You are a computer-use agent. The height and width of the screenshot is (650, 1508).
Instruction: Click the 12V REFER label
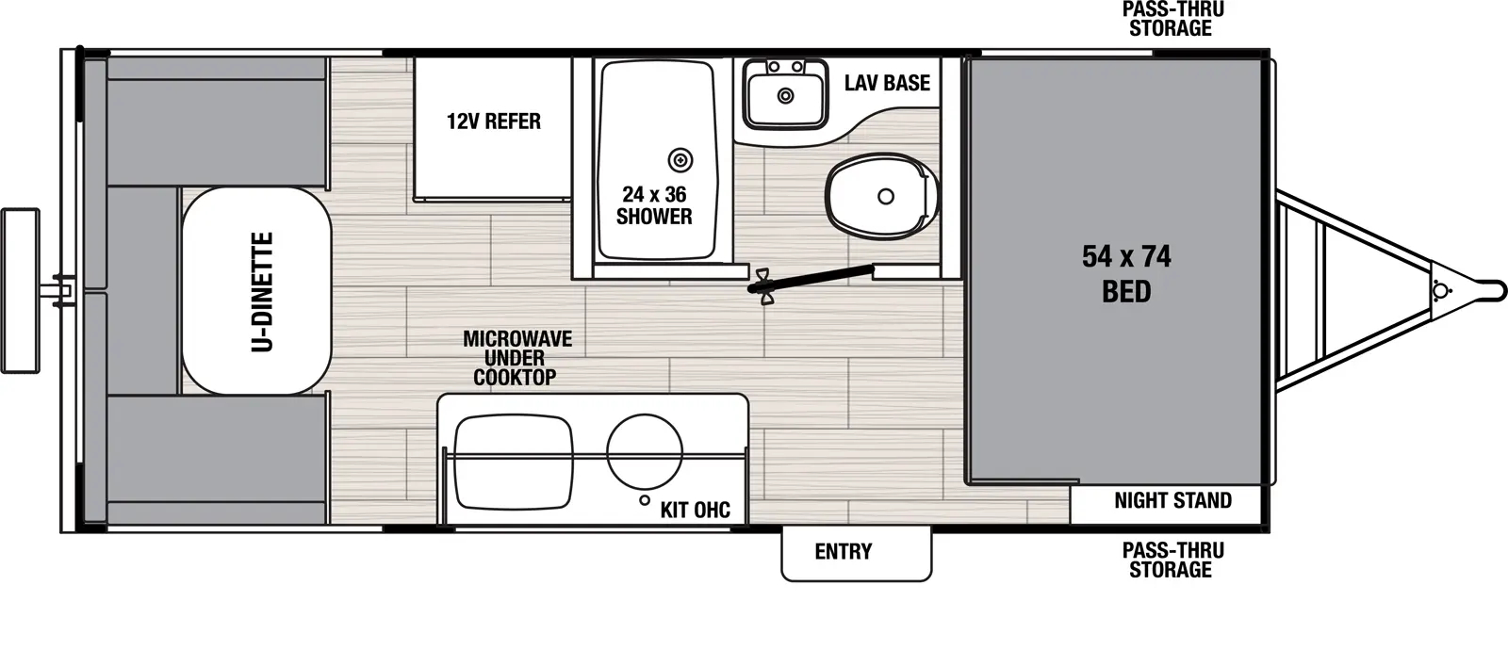[x=494, y=122]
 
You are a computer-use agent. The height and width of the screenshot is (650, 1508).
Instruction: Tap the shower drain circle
[x=680, y=161]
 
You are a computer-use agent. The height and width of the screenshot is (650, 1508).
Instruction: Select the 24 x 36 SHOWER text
[x=654, y=205]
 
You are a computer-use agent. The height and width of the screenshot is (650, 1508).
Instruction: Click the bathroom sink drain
[x=786, y=96]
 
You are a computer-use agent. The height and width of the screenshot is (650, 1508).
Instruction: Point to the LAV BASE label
[x=887, y=83]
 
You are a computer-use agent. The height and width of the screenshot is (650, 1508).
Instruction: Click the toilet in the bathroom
[x=882, y=196]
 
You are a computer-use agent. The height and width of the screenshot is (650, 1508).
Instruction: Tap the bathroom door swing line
[x=811, y=280]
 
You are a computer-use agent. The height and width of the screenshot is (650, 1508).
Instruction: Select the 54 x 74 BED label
[x=1126, y=274]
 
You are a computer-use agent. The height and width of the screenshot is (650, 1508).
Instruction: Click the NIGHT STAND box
[x=1165, y=503]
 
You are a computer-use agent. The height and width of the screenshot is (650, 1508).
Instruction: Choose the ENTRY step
[x=857, y=553]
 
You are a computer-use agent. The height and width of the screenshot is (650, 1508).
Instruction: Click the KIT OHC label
[x=696, y=510]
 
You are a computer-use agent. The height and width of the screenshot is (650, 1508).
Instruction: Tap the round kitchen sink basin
[x=645, y=452]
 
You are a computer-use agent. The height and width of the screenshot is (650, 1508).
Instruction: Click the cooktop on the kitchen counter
[x=514, y=463]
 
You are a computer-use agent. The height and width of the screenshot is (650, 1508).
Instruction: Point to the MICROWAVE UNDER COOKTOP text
[x=516, y=358]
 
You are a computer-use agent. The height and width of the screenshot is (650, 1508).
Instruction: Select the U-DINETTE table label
[x=263, y=292]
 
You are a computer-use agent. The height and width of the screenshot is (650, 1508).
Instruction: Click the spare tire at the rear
[x=20, y=291]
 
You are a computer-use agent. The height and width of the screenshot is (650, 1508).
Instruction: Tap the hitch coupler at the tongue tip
[x=1488, y=291]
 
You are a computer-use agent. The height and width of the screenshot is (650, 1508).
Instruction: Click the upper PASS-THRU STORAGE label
[x=1172, y=19]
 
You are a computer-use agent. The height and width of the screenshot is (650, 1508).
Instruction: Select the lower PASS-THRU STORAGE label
[x=1172, y=560]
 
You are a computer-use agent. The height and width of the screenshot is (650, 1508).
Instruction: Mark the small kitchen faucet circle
[x=645, y=500]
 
